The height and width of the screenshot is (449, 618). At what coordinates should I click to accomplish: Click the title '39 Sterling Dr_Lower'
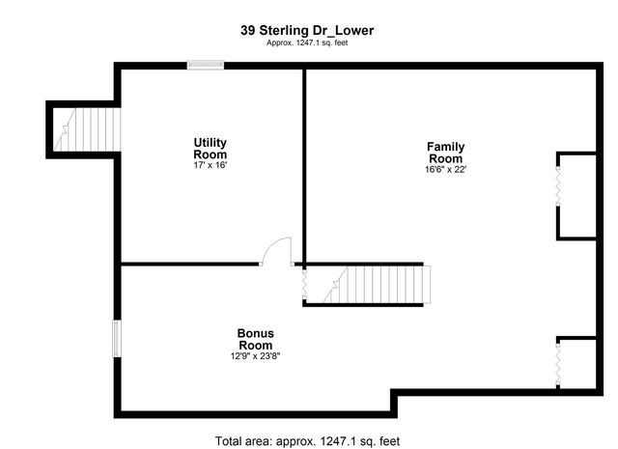tap(307, 30)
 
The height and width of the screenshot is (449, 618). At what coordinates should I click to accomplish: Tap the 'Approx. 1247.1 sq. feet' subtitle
tap(307, 43)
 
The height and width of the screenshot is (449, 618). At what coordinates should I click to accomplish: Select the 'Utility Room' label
tap(210, 149)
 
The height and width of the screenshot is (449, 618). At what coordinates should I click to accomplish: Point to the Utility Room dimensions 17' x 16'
tap(210, 165)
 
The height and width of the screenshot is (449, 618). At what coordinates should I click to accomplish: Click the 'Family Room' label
tap(445, 153)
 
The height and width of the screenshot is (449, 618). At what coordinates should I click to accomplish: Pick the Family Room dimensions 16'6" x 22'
tap(445, 170)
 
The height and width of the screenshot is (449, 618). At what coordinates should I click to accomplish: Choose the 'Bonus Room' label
tap(255, 339)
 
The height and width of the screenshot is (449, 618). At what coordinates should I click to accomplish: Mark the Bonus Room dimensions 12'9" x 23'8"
tap(255, 355)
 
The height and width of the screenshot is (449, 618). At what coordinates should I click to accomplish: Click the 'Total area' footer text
tap(307, 440)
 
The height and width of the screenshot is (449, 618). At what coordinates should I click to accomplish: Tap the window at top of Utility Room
tap(205, 65)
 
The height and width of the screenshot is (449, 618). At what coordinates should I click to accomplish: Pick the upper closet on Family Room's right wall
tap(577, 195)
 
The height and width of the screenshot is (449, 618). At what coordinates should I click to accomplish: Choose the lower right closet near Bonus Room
tap(577, 363)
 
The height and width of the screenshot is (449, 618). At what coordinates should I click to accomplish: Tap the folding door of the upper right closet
tap(558, 195)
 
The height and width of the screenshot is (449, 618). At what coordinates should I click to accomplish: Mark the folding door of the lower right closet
tap(558, 363)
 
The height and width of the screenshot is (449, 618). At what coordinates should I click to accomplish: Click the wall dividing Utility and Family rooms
tap(304, 164)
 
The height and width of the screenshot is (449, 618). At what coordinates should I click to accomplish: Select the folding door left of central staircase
tap(305, 286)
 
